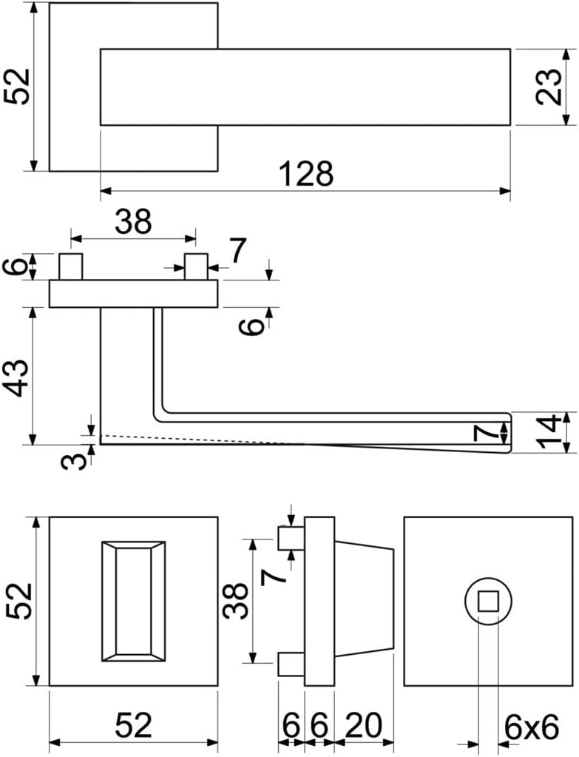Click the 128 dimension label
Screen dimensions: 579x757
point(307,174)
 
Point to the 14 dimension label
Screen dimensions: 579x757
point(549,431)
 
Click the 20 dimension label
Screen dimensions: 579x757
point(363,724)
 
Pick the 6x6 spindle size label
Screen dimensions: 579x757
point(531,727)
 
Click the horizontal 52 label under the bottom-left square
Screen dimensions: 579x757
point(134,724)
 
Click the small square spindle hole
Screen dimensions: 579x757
point(487,602)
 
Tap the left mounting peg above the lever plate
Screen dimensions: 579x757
point(71,267)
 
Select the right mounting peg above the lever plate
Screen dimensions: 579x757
point(197,267)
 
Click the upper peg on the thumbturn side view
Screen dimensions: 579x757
point(291,538)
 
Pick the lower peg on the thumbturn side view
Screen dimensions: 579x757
point(291,664)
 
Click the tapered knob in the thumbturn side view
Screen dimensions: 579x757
point(365,602)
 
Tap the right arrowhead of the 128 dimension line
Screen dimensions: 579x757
point(505,191)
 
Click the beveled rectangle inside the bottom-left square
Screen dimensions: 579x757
point(134,602)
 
